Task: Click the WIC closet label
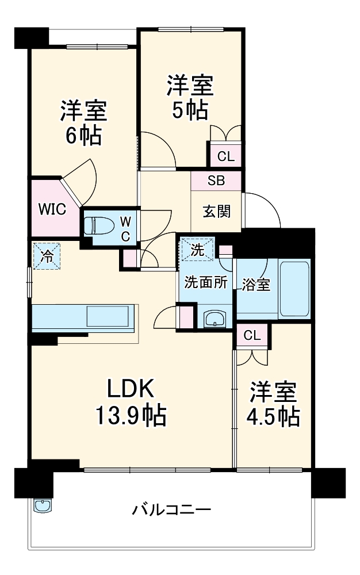[x=52, y=208]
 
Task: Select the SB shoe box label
[x=216, y=181]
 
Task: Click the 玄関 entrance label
[x=217, y=211]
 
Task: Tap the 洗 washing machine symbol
[x=197, y=250]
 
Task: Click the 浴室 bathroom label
[x=255, y=285]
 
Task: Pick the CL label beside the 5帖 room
[x=225, y=155]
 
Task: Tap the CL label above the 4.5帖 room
[x=251, y=336]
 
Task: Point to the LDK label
[x=131, y=390]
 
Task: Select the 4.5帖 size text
[x=273, y=416]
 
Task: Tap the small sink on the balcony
[x=43, y=505]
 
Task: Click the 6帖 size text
[x=83, y=136]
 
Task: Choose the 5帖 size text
[x=189, y=110]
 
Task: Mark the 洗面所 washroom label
[x=206, y=282]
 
